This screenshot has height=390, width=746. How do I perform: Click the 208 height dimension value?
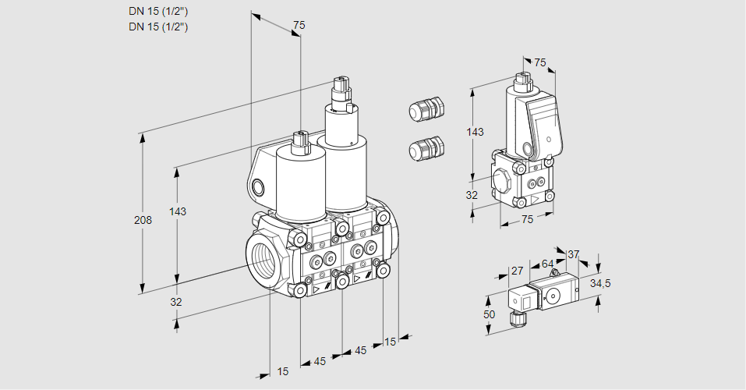coord(143,220)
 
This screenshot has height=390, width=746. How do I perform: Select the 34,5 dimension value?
coord(600,283)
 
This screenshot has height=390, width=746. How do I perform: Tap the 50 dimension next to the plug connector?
coord(489,314)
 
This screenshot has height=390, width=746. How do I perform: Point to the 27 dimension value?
coord(516,271)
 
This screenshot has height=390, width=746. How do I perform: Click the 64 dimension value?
coord(547,264)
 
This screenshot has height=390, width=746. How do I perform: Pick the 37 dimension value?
coord(573,254)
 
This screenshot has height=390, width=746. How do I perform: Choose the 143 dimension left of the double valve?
coord(178,212)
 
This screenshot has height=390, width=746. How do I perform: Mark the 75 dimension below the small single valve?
coord(528,220)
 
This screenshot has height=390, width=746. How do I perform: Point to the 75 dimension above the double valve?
coord(298,26)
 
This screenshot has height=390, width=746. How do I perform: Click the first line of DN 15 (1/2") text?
coord(159,11)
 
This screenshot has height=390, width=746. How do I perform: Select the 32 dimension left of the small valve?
coord(472,195)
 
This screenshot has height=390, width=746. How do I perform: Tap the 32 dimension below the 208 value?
coord(176,302)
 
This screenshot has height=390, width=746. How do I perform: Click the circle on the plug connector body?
coord(554,295)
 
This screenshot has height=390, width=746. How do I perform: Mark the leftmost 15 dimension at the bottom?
coord(282,372)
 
